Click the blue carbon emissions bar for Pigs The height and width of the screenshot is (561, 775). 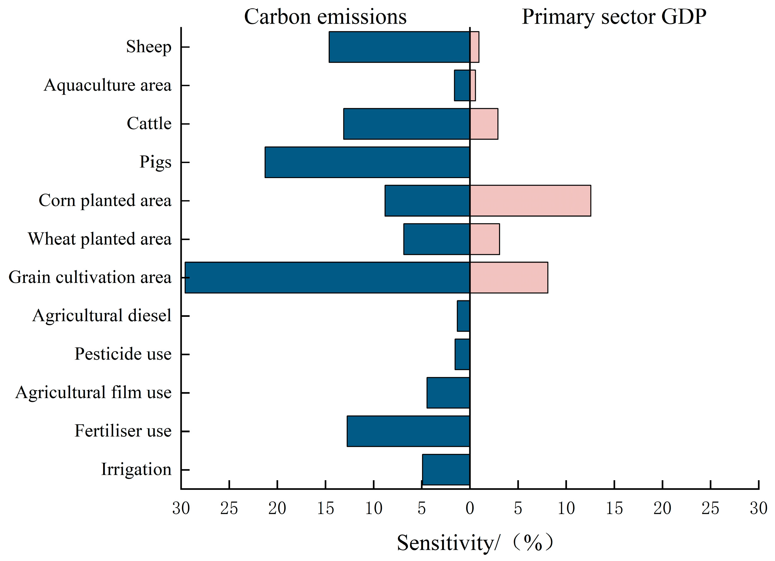[367, 162]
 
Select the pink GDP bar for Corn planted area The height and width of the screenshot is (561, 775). [530, 200]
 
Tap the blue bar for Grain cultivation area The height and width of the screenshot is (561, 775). [327, 278]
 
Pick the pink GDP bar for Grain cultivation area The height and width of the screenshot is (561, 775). [509, 278]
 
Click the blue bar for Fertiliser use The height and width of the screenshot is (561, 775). [408, 431]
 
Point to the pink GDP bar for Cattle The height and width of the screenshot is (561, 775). [484, 124]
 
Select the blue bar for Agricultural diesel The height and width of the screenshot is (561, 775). [463, 316]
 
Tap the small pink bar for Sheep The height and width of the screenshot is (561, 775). [474, 47]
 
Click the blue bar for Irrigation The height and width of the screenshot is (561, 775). [446, 469]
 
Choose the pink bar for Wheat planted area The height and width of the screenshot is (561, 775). [485, 239]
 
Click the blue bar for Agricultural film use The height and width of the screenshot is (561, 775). [448, 393]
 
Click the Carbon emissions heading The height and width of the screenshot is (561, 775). [325, 16]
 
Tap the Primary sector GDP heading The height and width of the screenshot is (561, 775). [614, 16]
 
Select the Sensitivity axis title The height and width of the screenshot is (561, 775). [475, 542]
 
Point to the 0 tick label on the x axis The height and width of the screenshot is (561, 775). [470, 508]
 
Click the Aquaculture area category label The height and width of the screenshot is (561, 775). [107, 85]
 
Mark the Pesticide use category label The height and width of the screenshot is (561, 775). [123, 354]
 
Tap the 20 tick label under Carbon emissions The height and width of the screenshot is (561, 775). [277, 508]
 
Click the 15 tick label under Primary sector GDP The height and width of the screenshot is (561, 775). [614, 508]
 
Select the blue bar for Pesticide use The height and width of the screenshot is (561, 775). [462, 354]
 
